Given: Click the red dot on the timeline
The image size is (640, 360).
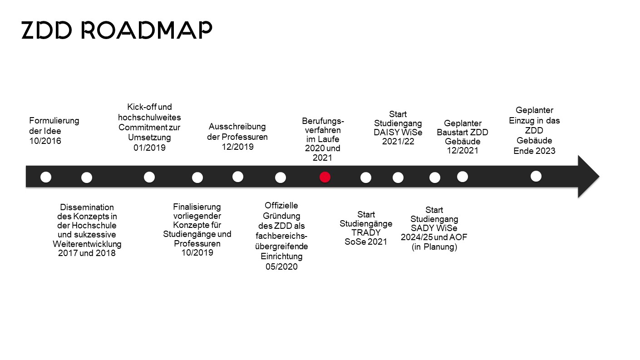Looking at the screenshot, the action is [325, 177].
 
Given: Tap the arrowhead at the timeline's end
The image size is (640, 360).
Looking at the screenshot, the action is [588, 177].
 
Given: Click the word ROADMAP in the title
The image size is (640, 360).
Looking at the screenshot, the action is [147, 30].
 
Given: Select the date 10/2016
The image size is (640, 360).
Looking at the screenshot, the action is [45, 141].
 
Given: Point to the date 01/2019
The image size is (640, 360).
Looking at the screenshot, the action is [149, 148].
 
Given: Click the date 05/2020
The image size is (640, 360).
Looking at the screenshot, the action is [281, 266].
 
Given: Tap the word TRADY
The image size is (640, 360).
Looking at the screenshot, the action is [366, 232].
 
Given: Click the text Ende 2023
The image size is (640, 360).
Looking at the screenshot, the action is [534, 151].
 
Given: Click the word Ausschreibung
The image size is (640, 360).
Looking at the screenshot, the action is [237, 127].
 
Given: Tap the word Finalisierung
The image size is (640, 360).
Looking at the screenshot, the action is [197, 207].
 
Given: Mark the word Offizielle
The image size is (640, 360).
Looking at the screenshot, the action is [281, 206].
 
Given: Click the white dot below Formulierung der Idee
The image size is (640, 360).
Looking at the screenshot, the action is [46, 177].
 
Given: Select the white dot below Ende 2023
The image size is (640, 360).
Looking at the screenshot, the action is [536, 176].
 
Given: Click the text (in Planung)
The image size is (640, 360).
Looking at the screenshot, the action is [434, 247].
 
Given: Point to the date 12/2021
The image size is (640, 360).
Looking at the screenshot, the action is [463, 151].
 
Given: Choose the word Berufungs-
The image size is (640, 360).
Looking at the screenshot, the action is [323, 121].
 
